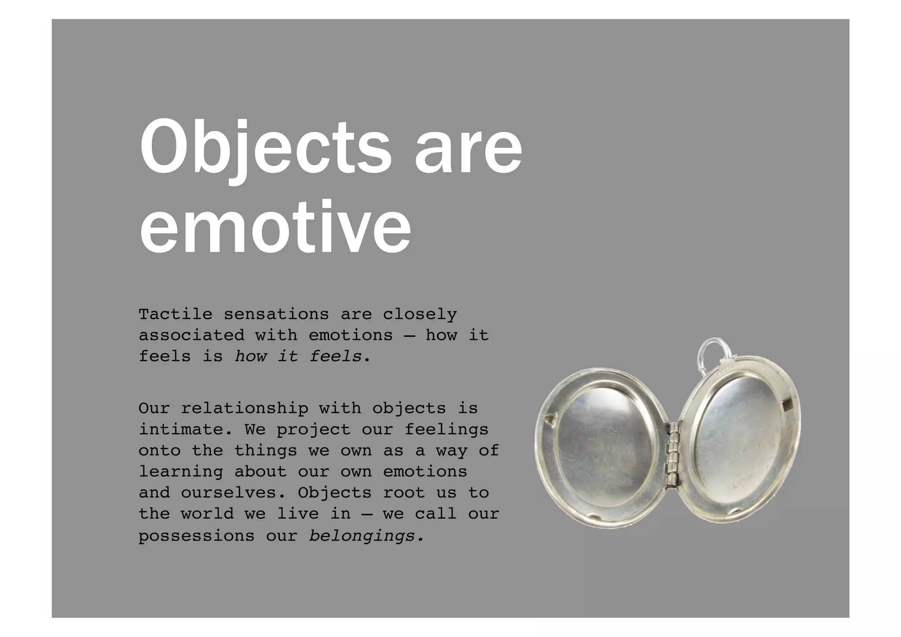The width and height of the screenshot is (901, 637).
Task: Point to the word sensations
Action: pyautogui.click(x=276, y=314)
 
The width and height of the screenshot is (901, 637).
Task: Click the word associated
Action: pyautogui.click(x=191, y=335)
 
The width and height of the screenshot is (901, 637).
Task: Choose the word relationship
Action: pyautogui.click(x=245, y=409)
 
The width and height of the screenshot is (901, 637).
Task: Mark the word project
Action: pyautogui.click(x=313, y=429)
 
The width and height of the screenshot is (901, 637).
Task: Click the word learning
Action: pyautogui.click(x=180, y=471)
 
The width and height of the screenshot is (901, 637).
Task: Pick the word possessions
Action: pyautogui.click(x=196, y=536)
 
